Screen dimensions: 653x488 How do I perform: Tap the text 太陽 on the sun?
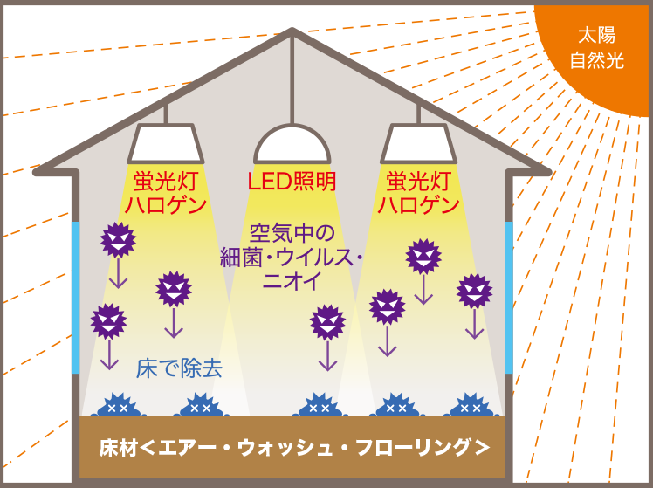[x=597, y=36]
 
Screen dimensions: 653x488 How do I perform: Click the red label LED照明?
[x=292, y=182]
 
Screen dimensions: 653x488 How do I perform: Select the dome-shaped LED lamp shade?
[x=292, y=144]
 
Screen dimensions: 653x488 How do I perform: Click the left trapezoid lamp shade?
[x=166, y=143]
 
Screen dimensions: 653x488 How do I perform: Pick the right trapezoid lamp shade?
[x=418, y=143]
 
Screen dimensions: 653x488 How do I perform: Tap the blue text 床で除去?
[x=179, y=368]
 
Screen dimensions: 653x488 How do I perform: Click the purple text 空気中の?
[x=292, y=233]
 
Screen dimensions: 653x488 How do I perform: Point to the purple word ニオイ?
[x=292, y=280]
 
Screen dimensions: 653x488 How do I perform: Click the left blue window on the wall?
[x=75, y=298]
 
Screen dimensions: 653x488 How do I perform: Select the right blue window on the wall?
[x=509, y=298]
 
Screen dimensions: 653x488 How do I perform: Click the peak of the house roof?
[x=292, y=29]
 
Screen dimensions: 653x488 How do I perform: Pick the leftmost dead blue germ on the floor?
[x=118, y=405]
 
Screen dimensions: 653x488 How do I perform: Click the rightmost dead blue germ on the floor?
[x=471, y=405]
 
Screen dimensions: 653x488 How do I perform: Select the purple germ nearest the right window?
[x=474, y=292]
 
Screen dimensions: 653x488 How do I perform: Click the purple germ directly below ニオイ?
[x=327, y=323]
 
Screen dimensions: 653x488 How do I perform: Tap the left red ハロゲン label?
[x=166, y=205]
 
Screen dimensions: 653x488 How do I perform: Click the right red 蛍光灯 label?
[x=418, y=182]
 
